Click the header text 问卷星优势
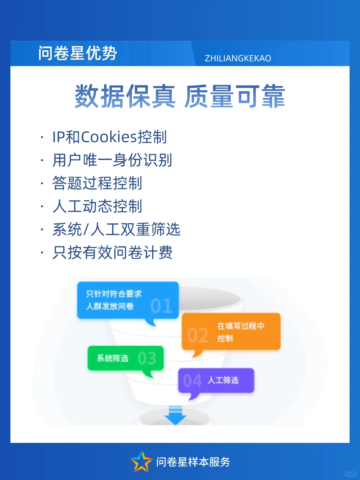[77, 53]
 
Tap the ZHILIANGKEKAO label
[238, 58]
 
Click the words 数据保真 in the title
[125, 96]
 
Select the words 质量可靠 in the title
[235, 96]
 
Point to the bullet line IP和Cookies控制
[109, 137]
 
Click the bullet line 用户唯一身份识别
[112, 160]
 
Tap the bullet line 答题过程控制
[97, 183]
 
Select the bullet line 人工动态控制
[97, 206]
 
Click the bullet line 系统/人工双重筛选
[116, 229]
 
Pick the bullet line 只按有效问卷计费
[112, 252]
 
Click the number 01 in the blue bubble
[161, 306]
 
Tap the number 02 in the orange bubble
[198, 335]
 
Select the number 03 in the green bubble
[147, 358]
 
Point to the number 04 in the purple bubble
[192, 381]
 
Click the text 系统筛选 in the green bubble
[112, 358]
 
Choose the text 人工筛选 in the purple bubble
[223, 380]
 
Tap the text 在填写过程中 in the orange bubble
[241, 326]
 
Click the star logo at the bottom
[141, 462]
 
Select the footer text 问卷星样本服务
[193, 462]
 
